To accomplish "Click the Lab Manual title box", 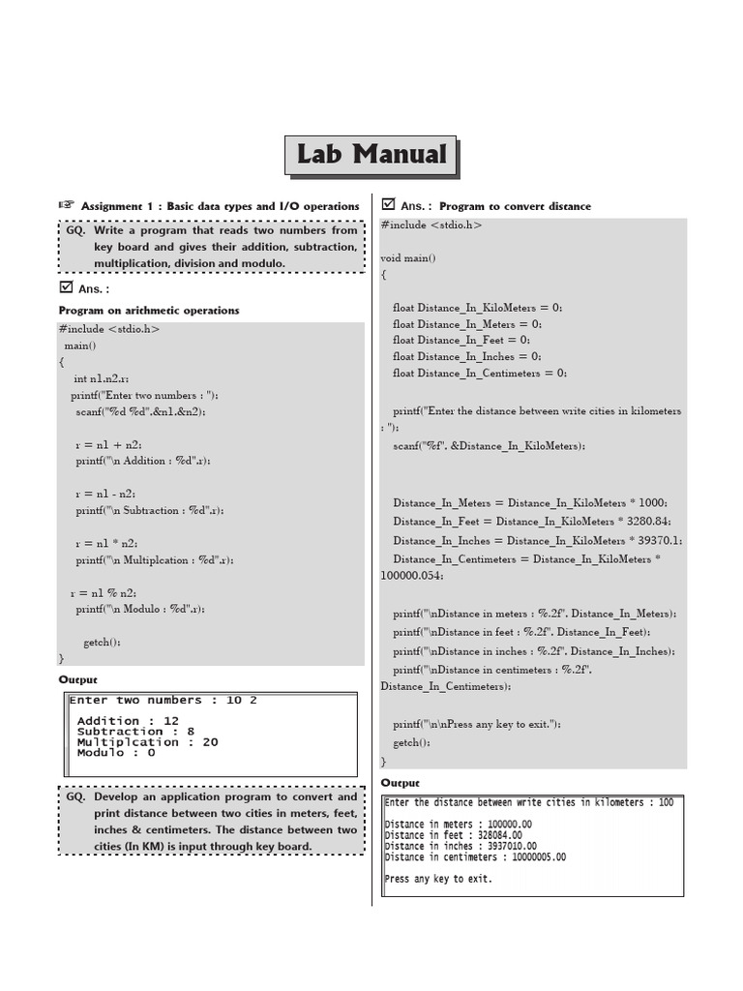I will tap(371, 155).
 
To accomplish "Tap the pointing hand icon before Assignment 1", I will tap(66, 205).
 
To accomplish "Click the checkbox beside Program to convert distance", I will tap(389, 204).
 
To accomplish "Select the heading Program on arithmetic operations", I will tap(149, 311).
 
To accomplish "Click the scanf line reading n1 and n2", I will tap(140, 411).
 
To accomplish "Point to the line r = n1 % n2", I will tap(103, 592).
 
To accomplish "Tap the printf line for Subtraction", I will tap(156, 510).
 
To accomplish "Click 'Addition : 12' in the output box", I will tap(128, 721).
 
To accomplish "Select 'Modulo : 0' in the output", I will tap(116, 753).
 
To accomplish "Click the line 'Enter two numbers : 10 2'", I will tap(163, 701).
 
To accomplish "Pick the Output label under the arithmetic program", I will tap(78, 680).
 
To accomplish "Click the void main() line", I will tap(408, 258).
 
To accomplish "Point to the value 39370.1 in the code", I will tap(658, 541).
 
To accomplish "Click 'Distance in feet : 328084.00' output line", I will tap(453, 835).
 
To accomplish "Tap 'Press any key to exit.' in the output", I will tap(438, 879).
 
